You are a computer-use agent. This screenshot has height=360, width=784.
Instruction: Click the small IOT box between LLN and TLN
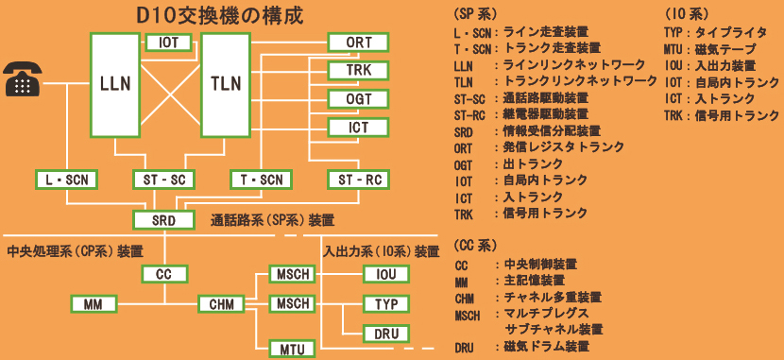(169, 42)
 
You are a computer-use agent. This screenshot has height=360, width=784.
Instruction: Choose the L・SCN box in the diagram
(66, 180)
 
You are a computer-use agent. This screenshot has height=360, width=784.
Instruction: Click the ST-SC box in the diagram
(162, 180)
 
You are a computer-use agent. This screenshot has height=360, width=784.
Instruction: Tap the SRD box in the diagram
(162, 220)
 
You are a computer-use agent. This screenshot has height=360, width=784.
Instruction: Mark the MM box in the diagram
(93, 304)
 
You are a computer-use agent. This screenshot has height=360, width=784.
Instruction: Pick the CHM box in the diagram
(222, 304)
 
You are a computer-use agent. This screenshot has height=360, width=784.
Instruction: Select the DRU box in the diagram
(385, 334)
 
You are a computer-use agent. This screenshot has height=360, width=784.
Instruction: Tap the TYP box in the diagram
(385, 304)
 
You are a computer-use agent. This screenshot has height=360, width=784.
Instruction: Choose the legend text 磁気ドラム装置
(545, 347)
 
